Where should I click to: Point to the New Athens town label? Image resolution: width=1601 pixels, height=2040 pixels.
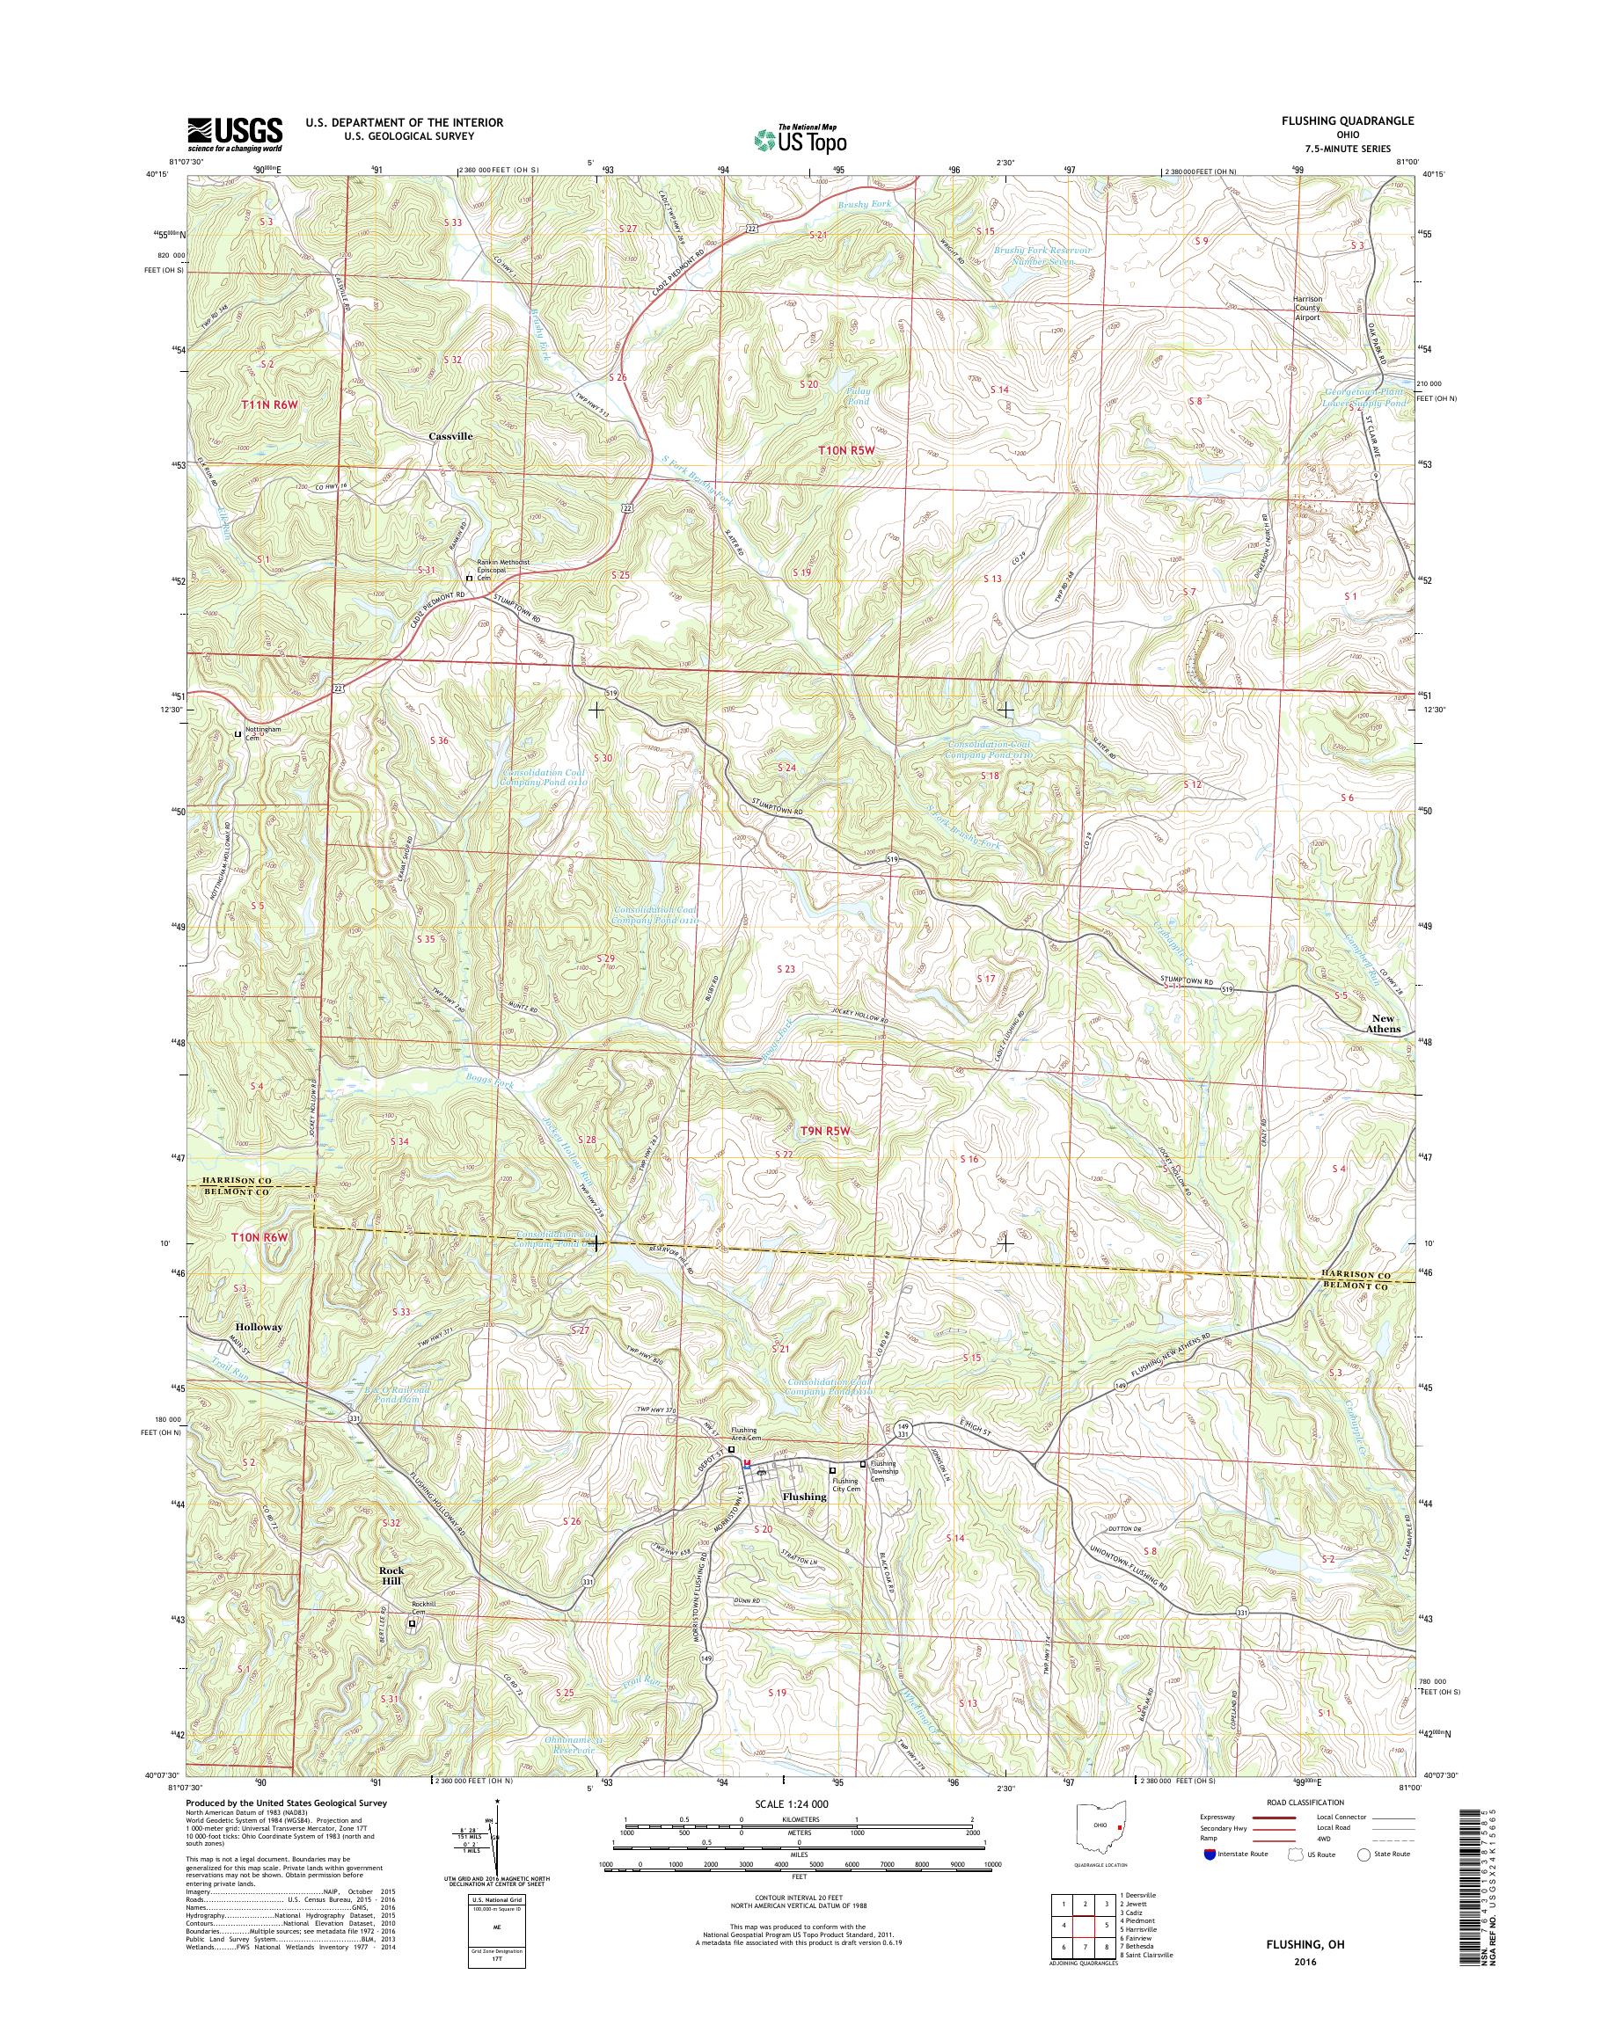(1383, 1024)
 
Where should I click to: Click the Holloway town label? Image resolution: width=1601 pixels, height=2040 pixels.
(260, 1327)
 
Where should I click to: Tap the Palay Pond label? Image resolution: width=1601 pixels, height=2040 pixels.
(858, 396)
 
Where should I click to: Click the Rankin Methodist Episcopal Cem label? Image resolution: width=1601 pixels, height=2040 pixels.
(501, 568)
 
